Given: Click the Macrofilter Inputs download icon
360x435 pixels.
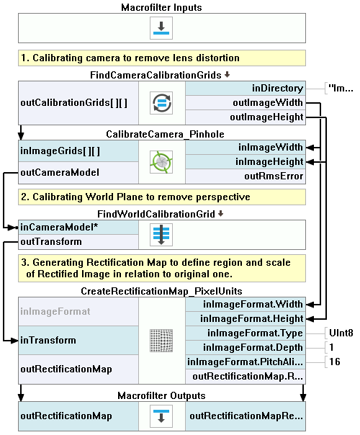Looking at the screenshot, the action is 161,28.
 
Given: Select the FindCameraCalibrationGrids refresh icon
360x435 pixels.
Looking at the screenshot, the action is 161,103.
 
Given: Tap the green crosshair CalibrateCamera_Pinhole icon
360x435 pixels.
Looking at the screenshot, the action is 161,162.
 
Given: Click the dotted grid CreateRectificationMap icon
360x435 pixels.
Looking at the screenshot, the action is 161,341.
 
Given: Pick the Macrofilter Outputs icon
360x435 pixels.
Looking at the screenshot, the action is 161,416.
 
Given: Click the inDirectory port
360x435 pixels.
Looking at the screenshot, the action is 246,89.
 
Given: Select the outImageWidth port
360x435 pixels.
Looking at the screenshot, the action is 246,103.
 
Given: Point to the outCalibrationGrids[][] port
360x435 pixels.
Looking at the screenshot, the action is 78,103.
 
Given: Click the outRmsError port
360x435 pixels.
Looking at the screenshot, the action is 246,176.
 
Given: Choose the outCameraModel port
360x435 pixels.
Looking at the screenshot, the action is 78,173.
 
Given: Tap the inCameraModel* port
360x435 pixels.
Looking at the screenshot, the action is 78,227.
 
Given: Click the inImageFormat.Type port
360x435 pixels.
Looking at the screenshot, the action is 246,333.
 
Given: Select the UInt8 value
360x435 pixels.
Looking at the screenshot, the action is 341,333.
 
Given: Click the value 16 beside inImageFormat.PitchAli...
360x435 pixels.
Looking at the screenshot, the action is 335,362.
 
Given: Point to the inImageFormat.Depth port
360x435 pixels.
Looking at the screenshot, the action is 246,348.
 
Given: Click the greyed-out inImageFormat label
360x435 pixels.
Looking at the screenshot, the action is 55,312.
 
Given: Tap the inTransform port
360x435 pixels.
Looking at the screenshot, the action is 78,341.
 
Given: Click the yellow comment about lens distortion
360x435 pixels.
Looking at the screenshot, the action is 162,58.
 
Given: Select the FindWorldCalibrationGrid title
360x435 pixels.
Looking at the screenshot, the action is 156,214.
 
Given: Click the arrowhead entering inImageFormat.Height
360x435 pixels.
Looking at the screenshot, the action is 310,319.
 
